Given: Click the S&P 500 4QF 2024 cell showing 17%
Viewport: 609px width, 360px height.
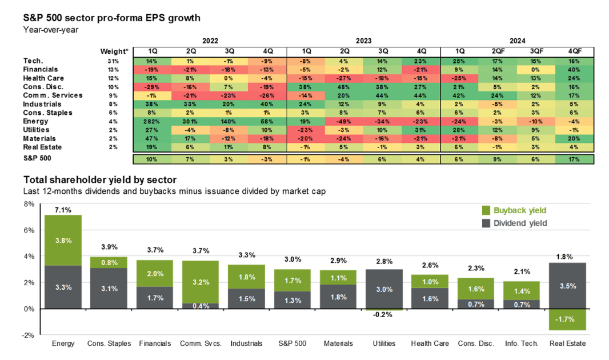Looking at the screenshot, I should pos(574,159).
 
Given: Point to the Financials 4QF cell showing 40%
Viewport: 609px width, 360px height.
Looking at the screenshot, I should pos(574,70).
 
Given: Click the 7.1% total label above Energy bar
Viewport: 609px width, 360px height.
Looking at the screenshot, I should pos(63,209).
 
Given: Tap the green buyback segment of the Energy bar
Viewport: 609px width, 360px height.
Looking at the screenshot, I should pos(63,240).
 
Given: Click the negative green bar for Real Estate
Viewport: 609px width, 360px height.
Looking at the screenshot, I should pos(567,319).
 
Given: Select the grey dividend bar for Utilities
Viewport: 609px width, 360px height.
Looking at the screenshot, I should pos(384,289).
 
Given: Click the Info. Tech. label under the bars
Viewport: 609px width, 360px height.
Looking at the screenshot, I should pos(520,343).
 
